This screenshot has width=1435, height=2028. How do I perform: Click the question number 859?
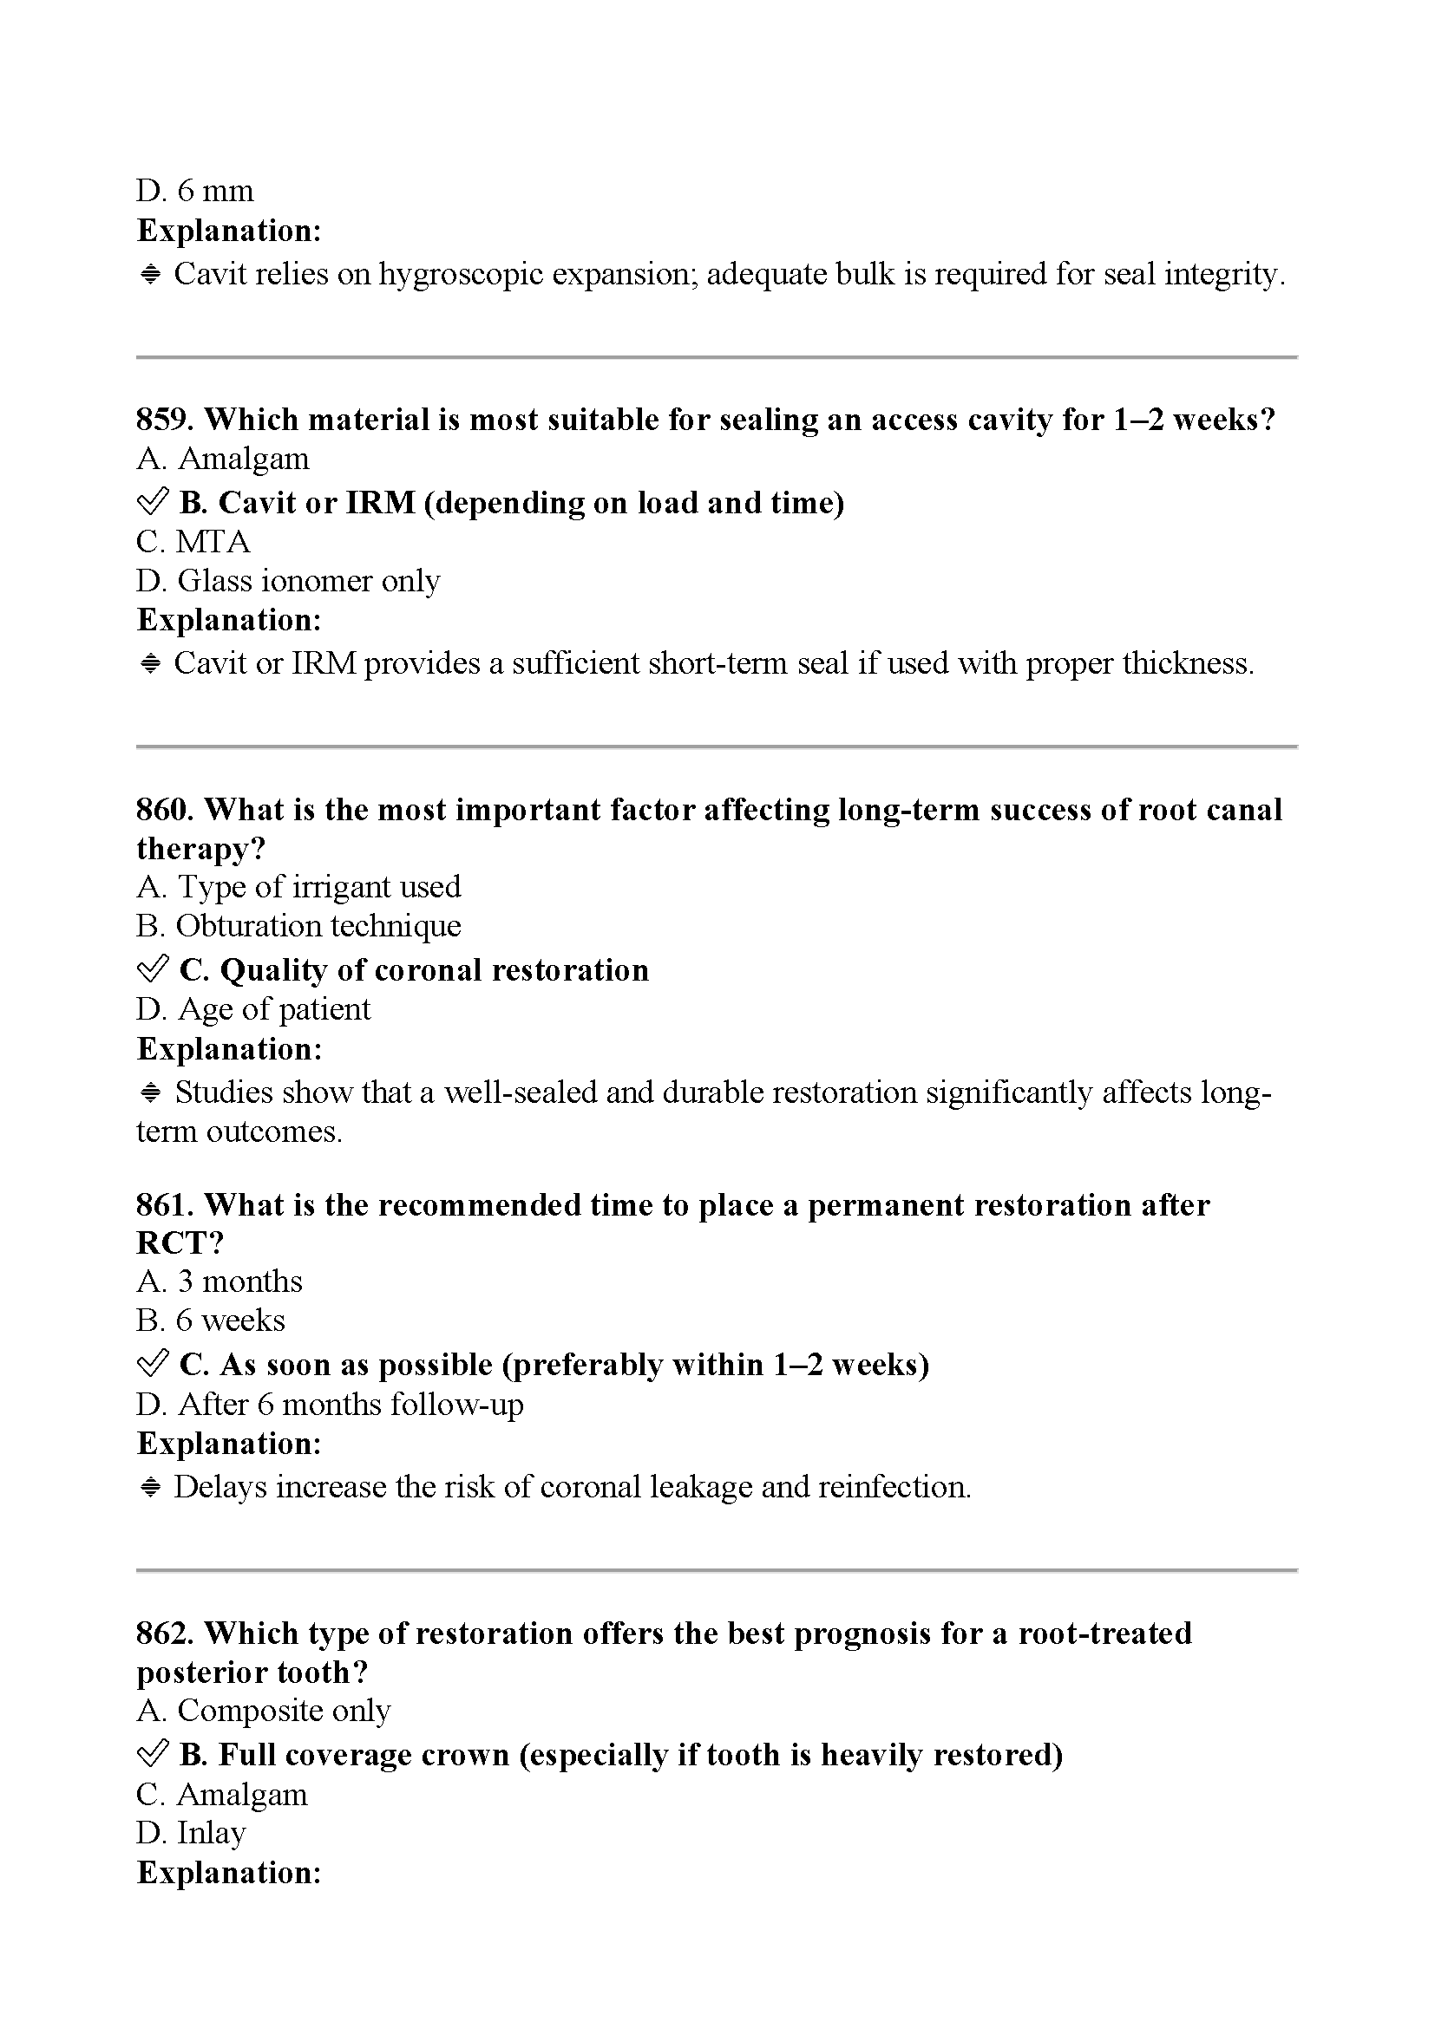pyautogui.click(x=164, y=420)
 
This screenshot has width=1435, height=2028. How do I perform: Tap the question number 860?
pyautogui.click(x=164, y=810)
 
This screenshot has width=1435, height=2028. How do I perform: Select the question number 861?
pyautogui.click(x=164, y=1205)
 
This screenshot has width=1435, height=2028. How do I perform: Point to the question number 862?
pyautogui.click(x=164, y=1633)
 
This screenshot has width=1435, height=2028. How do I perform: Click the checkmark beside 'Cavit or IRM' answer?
pyautogui.click(x=153, y=503)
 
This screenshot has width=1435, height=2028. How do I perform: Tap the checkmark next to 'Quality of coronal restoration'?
pyautogui.click(x=153, y=970)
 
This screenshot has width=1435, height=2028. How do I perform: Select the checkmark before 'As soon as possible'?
pyautogui.click(x=153, y=1365)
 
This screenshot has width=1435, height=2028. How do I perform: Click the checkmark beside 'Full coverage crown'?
pyautogui.click(x=153, y=1754)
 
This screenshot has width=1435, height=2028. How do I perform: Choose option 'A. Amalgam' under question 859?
pyautogui.click(x=223, y=460)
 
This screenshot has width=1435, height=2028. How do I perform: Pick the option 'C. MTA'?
pyautogui.click(x=193, y=541)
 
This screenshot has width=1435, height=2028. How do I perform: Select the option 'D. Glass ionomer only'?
pyautogui.click(x=288, y=581)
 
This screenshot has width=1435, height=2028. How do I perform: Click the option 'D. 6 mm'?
pyautogui.click(x=195, y=191)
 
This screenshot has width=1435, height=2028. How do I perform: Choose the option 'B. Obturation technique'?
pyautogui.click(x=298, y=926)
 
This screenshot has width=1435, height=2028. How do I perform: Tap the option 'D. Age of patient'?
pyautogui.click(x=253, y=1008)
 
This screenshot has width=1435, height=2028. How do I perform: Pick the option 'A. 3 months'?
pyautogui.click(x=220, y=1281)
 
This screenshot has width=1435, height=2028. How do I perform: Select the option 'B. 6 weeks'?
pyautogui.click(x=210, y=1320)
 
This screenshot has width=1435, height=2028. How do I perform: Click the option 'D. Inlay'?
pyautogui.click(x=191, y=1833)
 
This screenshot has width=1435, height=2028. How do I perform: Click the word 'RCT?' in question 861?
pyautogui.click(x=180, y=1242)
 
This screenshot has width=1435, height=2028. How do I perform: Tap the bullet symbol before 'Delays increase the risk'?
pyautogui.click(x=150, y=1488)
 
